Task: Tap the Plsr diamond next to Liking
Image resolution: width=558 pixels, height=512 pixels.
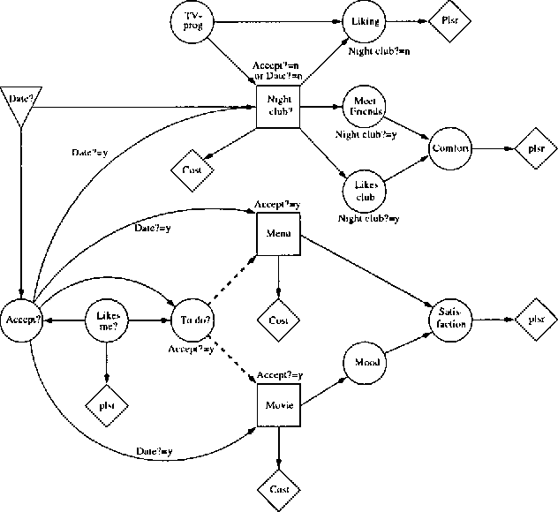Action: (x=447, y=19)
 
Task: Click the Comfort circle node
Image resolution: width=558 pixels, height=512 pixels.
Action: (x=451, y=147)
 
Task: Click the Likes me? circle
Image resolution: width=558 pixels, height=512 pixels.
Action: (x=107, y=320)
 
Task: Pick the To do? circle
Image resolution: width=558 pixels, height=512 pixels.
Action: (x=195, y=320)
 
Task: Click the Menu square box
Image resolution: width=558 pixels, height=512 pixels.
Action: (x=278, y=236)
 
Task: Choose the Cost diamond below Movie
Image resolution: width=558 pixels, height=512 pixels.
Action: (x=278, y=488)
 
